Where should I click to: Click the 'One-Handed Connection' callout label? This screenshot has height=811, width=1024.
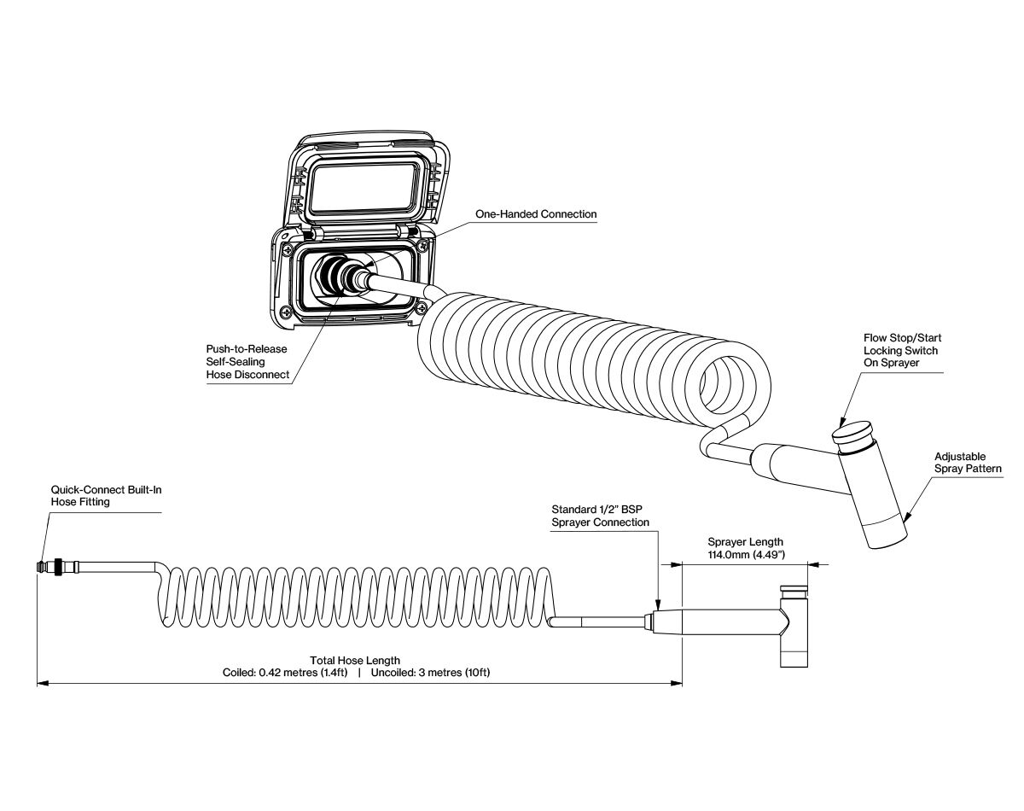pyautogui.click(x=536, y=214)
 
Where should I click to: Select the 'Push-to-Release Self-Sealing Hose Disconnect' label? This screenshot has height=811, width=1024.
pyautogui.click(x=246, y=362)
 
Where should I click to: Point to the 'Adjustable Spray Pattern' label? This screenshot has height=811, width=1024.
pyautogui.click(x=968, y=463)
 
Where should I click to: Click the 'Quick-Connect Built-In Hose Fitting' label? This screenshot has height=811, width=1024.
pyautogui.click(x=105, y=497)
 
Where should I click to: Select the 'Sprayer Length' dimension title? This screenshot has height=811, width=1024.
pyautogui.click(x=745, y=542)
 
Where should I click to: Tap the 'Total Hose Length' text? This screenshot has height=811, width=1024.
pyautogui.click(x=356, y=661)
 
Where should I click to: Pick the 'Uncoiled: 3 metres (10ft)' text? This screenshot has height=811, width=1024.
pyautogui.click(x=430, y=673)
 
